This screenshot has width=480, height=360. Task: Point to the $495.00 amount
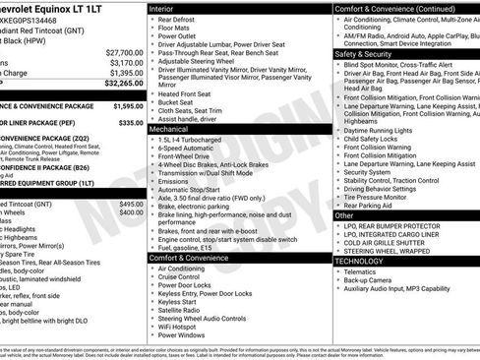(132, 204)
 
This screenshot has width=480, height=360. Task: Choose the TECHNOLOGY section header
(359, 261)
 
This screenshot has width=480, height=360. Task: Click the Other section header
(344, 214)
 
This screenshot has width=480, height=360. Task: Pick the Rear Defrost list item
(181, 20)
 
